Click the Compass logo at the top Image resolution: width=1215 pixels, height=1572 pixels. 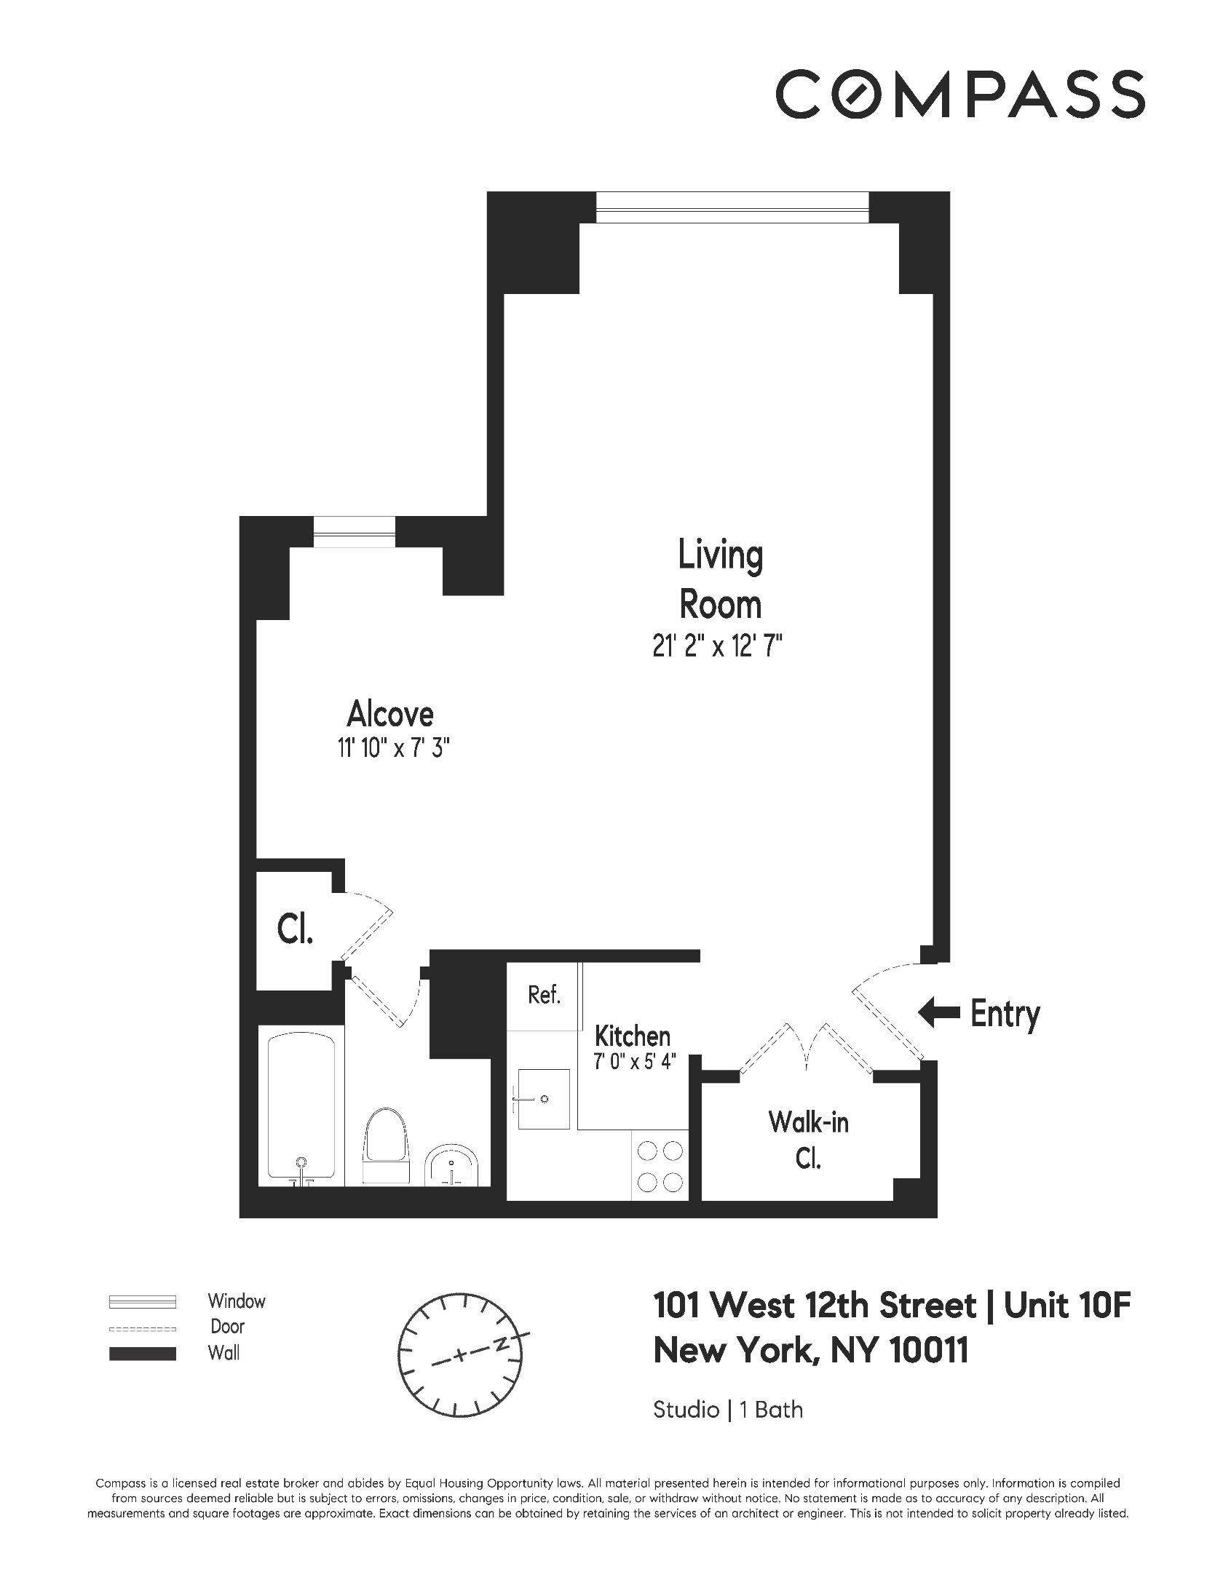959,94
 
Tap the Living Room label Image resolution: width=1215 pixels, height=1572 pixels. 720,579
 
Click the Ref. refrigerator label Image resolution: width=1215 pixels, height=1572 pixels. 544,995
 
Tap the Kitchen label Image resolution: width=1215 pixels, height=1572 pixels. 632,1036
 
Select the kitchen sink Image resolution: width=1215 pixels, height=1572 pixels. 542,1098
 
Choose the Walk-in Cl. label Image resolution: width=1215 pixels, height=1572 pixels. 808,1140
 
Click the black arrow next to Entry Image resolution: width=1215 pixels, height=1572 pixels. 938,1012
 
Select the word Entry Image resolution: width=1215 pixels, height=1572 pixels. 1005,1013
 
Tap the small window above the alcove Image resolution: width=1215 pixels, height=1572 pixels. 355,531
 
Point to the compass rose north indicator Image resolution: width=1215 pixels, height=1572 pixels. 502,1345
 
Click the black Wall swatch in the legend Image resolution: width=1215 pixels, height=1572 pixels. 143,1354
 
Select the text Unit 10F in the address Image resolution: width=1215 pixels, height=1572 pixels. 1067,1306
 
